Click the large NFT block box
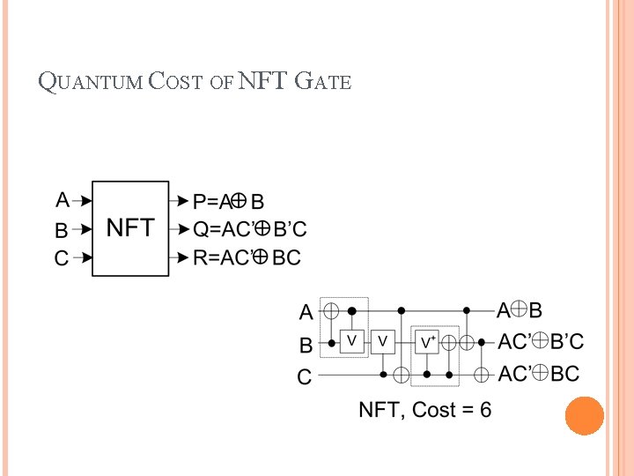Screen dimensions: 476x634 (130, 229)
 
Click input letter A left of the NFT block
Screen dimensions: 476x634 (63, 199)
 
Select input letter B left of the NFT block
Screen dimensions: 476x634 (62, 230)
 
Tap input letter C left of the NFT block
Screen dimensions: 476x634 (62, 259)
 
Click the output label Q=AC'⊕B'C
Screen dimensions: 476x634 (250, 229)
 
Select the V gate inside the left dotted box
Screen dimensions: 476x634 (351, 341)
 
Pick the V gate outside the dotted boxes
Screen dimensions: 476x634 (383, 341)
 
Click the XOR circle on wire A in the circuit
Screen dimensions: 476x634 (331, 311)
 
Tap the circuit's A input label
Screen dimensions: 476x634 (306, 312)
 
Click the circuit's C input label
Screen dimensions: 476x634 (305, 377)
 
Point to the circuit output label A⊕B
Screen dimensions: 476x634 (520, 310)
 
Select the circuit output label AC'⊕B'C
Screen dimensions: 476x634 (541, 342)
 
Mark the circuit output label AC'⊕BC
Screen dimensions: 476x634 (538, 374)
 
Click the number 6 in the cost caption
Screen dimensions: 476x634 (485, 410)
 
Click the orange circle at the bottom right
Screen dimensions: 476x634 (584, 416)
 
